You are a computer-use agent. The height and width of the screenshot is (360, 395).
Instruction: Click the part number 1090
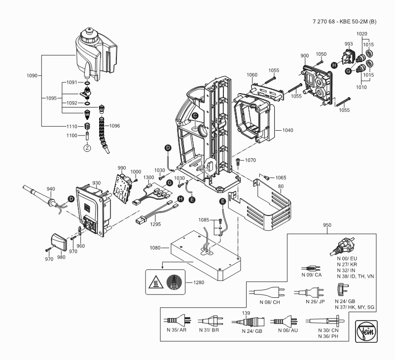32,76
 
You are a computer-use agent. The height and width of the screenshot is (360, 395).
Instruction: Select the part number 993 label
349,44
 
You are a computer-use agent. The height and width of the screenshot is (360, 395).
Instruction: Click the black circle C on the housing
195,115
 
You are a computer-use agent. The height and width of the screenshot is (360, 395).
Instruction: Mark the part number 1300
148,177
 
